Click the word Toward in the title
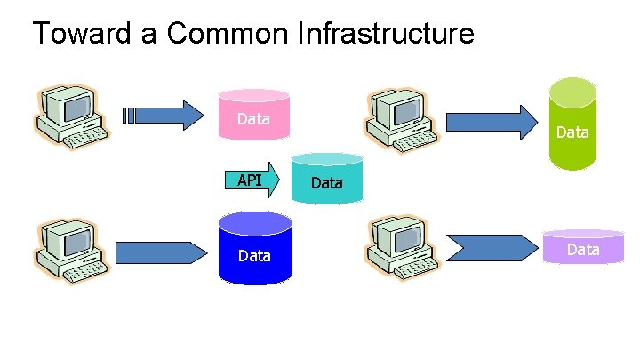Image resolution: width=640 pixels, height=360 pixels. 82,33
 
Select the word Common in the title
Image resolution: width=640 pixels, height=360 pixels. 228,33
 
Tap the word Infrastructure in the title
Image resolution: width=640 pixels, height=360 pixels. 386,33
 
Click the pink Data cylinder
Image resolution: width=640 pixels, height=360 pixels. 254,115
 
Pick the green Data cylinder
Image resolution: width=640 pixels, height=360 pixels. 572,124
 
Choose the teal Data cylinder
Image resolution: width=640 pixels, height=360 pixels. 327,178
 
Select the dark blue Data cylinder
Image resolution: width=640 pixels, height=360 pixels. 255,248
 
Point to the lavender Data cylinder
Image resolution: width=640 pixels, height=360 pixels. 583,246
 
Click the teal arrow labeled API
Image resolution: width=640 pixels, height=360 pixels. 252,180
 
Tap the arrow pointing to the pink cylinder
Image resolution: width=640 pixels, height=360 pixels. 164,116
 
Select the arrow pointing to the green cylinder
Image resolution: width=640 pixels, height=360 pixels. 492,123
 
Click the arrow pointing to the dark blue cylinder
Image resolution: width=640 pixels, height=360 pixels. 161,253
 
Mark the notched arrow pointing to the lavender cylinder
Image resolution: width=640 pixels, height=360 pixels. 492,248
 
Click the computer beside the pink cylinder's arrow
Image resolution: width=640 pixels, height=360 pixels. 72,117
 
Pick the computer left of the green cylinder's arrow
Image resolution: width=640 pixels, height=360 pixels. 401,121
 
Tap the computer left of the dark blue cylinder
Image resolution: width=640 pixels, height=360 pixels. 72,252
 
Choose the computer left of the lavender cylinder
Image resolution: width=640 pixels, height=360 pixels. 403,249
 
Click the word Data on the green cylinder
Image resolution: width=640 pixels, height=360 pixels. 572,132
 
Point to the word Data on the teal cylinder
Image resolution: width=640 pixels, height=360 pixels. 327,183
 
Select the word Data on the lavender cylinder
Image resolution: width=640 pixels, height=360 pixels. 583,250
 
